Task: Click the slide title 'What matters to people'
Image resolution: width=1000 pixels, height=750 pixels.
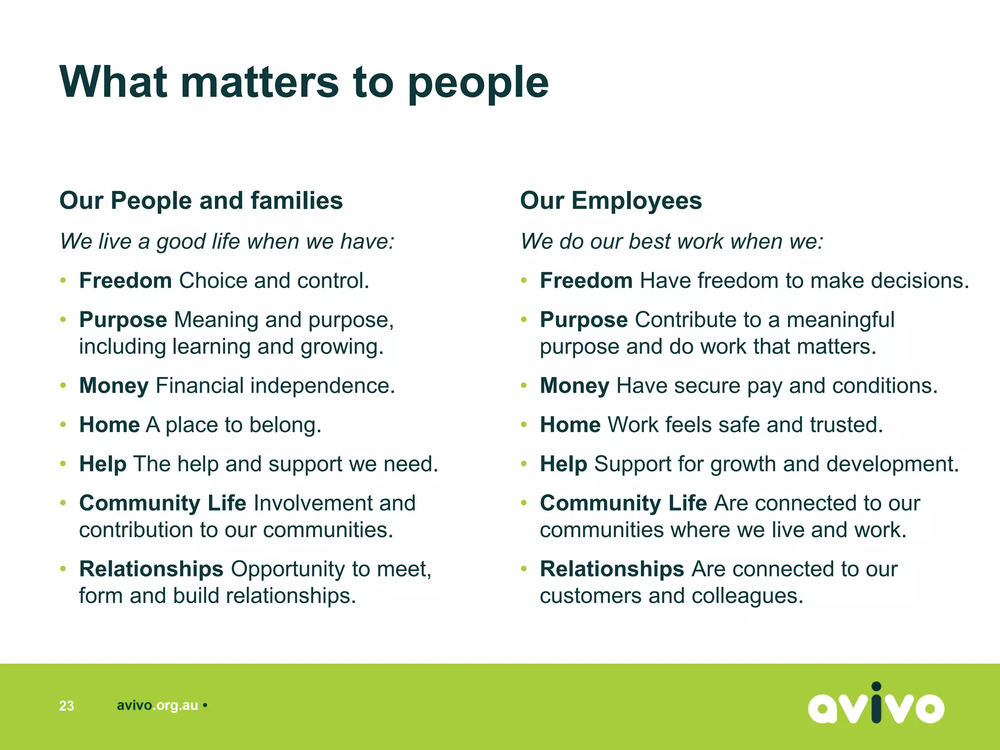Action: click(304, 82)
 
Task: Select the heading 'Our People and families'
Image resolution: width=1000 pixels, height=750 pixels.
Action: click(201, 201)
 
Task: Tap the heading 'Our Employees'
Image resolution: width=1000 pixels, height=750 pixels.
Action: click(611, 201)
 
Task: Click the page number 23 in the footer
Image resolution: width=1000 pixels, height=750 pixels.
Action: click(66, 706)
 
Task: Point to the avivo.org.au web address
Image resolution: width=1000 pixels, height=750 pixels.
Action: click(157, 706)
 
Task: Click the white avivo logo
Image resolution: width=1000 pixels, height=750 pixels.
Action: click(876, 704)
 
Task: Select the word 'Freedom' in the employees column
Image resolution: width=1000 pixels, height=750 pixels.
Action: click(586, 281)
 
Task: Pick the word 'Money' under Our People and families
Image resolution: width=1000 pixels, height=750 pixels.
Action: click(114, 386)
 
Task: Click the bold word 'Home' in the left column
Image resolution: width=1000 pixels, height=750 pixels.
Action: click(109, 425)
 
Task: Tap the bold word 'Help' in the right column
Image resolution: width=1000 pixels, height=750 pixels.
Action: click(563, 464)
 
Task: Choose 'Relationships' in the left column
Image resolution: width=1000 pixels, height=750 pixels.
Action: click(151, 569)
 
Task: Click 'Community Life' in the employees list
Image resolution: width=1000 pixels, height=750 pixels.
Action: click(623, 503)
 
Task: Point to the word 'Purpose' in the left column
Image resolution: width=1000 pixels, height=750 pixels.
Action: click(123, 320)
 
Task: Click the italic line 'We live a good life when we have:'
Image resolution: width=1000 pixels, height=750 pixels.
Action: click(227, 241)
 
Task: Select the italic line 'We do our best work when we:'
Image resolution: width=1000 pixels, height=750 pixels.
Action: click(672, 241)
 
